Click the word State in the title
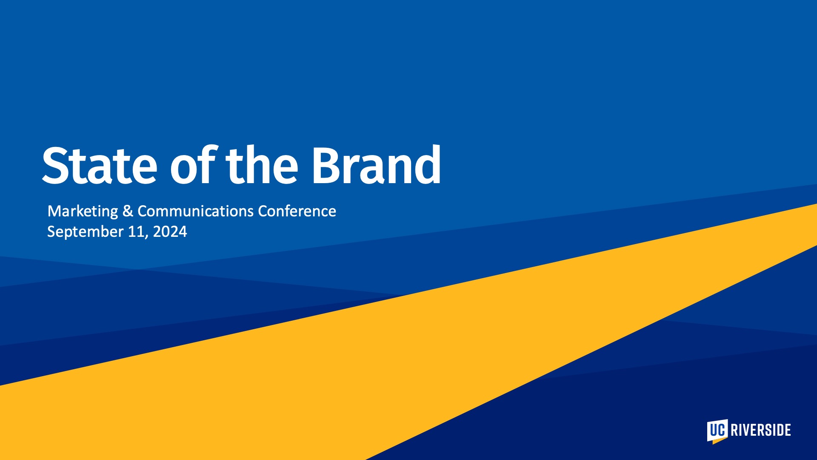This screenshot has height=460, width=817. (100, 165)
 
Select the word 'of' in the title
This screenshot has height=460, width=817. (194, 165)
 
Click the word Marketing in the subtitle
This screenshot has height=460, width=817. (83, 211)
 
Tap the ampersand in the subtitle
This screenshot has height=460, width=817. (128, 211)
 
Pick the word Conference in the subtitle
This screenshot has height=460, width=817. (297, 211)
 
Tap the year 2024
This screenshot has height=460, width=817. (170, 231)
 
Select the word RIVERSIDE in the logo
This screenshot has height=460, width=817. (761, 430)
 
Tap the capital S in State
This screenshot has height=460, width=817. (56, 165)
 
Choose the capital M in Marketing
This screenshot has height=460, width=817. (54, 211)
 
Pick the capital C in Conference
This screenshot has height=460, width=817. (263, 211)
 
